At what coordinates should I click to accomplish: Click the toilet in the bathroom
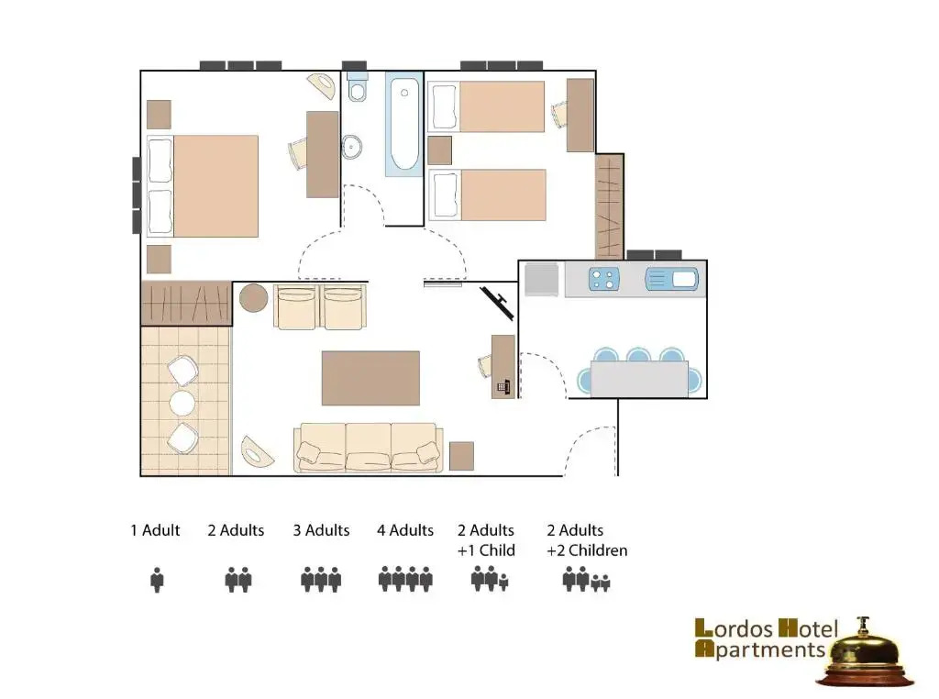358,87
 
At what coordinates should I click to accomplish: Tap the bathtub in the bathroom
403,125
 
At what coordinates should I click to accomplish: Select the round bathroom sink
351,147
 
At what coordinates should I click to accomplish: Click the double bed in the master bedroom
203,185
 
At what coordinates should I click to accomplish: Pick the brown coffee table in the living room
370,378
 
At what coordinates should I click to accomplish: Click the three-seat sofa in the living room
369,448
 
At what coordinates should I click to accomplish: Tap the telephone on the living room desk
503,387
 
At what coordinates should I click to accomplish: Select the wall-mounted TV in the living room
497,303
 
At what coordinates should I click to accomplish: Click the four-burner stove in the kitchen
603,280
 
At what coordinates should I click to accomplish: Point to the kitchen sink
672,279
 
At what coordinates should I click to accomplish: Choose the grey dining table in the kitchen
639,379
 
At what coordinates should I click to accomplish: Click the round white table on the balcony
182,404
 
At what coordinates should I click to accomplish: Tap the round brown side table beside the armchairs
253,298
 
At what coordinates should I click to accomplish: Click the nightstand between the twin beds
440,150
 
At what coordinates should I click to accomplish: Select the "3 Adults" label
321,531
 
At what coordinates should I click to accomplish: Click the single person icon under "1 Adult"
157,580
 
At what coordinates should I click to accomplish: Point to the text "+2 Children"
587,550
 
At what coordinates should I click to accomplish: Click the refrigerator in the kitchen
541,279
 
